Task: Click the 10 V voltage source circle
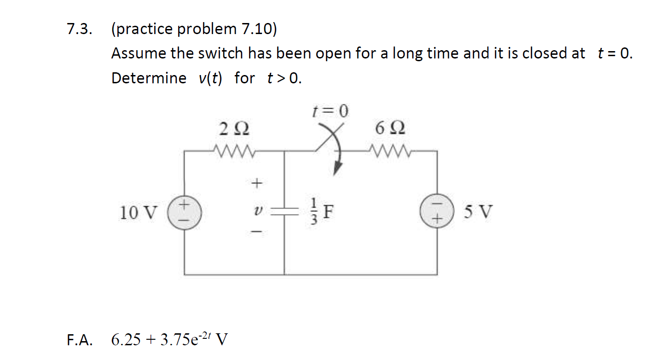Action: coord(184,212)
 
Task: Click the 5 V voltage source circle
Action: coord(437,211)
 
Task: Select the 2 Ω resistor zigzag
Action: coord(234,151)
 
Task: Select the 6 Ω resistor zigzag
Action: coord(390,151)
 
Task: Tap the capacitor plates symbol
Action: coord(285,211)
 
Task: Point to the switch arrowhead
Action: coord(338,169)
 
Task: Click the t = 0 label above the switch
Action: coord(331,111)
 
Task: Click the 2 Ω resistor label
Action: coord(234,128)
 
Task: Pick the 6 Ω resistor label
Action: coord(390,128)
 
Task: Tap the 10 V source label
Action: coord(138,213)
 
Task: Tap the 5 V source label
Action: coord(478,211)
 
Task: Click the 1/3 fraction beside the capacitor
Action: coord(314,211)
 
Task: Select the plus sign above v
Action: coord(256,183)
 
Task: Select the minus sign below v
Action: coord(256,232)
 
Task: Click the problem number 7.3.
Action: coord(79,29)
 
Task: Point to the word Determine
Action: coord(149,78)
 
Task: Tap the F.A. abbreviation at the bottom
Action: coord(80,340)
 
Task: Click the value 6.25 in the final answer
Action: coord(126,340)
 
